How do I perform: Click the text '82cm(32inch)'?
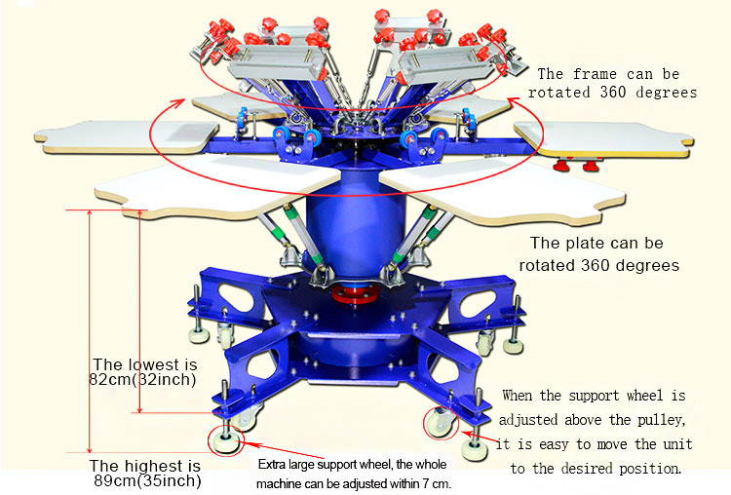pyautogui.click(x=142, y=379)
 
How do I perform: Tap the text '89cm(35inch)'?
pyautogui.click(x=147, y=480)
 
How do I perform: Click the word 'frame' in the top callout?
pyautogui.click(x=595, y=74)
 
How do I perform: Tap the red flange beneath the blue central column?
pyautogui.click(x=355, y=293)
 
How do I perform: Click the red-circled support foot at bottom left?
pyautogui.click(x=226, y=440)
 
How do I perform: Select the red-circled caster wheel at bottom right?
pyautogui.click(x=440, y=422)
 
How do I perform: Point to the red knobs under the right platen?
pyautogui.click(x=577, y=164)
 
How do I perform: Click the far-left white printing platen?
pyautogui.click(x=126, y=136)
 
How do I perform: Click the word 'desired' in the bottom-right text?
pyautogui.click(x=588, y=469)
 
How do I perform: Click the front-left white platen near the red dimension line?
pyautogui.click(x=216, y=186)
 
